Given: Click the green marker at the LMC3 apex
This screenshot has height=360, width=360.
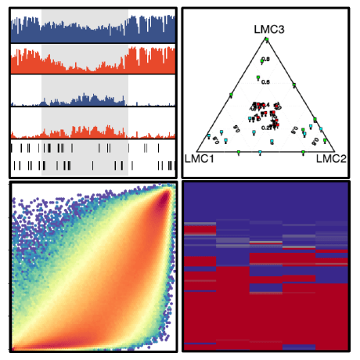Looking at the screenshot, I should (x=266, y=39).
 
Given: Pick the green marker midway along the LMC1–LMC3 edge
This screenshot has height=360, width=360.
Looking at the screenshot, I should (x=232, y=95).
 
